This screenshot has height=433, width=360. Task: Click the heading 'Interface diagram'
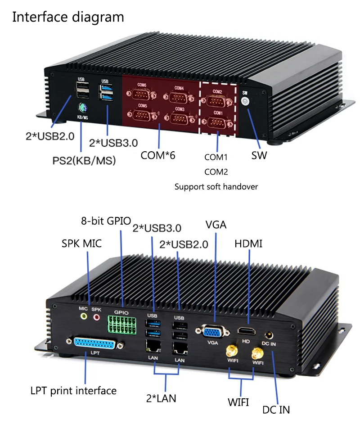[x=68, y=17]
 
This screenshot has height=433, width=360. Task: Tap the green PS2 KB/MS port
[x=82, y=108]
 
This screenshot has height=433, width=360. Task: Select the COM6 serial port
[x=141, y=94]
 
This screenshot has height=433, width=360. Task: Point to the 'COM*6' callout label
[x=157, y=156]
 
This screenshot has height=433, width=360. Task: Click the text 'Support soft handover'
[x=216, y=186]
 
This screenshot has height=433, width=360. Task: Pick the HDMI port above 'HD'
[x=246, y=332]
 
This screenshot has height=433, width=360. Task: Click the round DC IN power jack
[x=269, y=335]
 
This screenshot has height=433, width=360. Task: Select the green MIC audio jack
[x=83, y=317]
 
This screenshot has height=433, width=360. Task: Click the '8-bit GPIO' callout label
[x=106, y=221]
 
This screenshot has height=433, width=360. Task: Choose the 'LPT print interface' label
[x=73, y=390]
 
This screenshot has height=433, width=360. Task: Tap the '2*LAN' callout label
[x=161, y=398]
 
